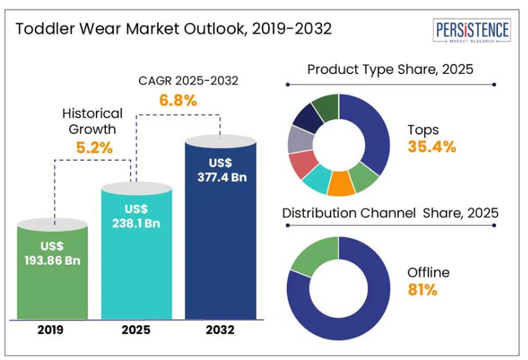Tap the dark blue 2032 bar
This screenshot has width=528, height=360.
pos(220,237)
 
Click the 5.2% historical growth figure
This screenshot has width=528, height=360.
pos(94,148)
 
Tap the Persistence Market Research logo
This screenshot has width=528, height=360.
pos(471,31)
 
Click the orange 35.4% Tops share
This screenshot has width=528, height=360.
pos(431,147)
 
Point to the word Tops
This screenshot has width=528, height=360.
pos(423,130)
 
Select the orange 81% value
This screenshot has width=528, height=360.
pos(423,290)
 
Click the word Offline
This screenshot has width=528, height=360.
pos(428,273)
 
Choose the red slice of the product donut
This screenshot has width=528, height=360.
pos(302,164)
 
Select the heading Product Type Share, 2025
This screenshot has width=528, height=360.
pos(390,69)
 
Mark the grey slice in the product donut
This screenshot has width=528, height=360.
pos(298,140)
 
